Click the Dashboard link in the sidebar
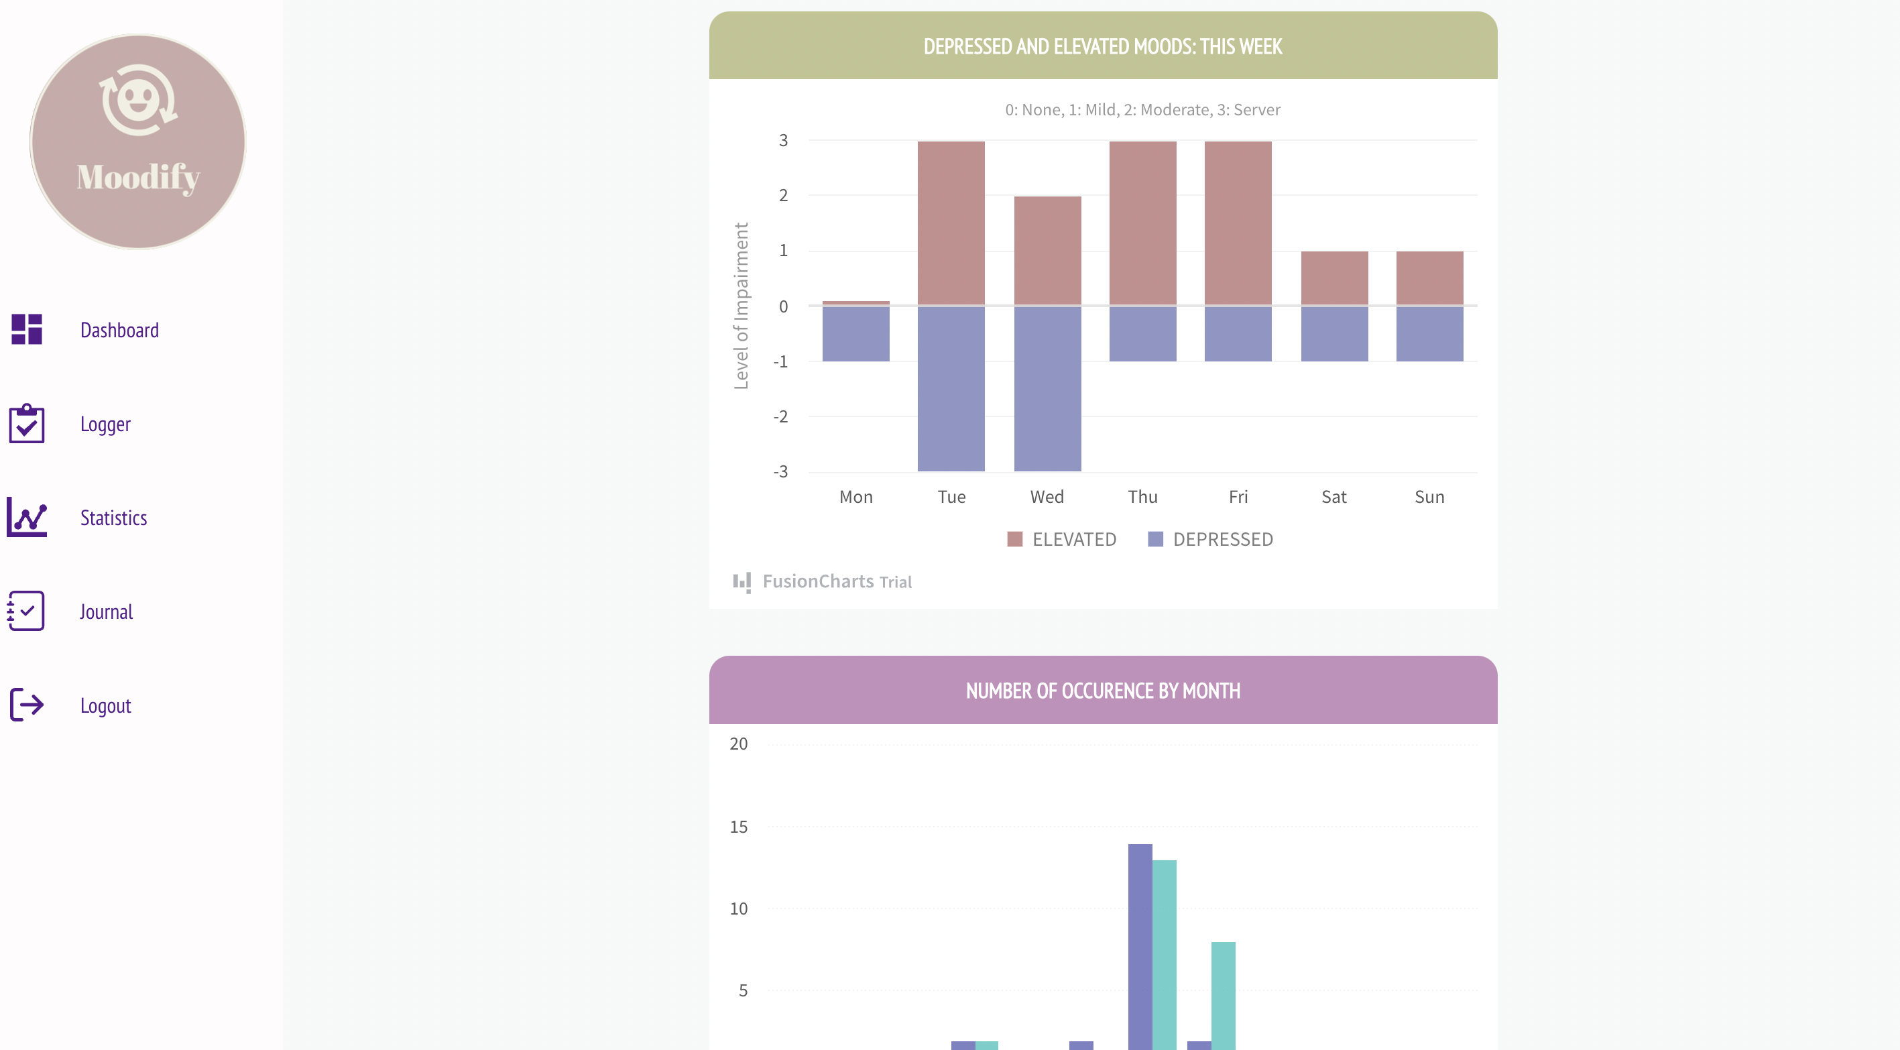[x=119, y=330]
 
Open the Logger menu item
[x=105, y=424]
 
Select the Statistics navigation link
[x=113, y=518]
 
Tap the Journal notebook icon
[x=27, y=611]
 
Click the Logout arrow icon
[x=27, y=705]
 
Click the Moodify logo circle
[x=138, y=141]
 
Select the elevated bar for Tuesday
[x=951, y=223]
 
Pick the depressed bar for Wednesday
[x=1047, y=388]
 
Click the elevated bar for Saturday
[x=1333, y=278]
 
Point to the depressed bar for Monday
[x=855, y=333]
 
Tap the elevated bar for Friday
[x=1238, y=223]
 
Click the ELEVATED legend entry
[x=1062, y=539]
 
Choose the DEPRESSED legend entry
[x=1210, y=539]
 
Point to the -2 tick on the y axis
[x=780, y=417]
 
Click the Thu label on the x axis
[x=1142, y=498]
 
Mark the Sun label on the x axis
[x=1429, y=498]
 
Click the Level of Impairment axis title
[x=741, y=306]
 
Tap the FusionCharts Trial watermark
[x=823, y=581]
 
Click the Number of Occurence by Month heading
[x=1103, y=691]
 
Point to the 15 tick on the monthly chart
[x=738, y=827]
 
